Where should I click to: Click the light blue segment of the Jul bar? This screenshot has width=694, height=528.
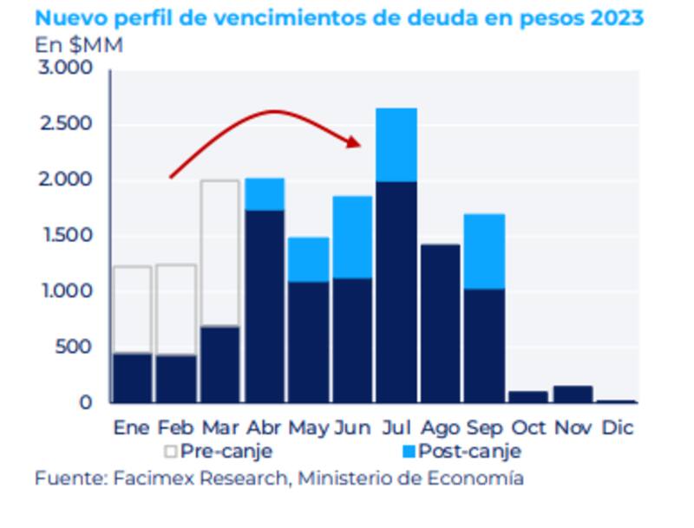coord(396,145)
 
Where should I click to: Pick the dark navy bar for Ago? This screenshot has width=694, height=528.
coord(440,323)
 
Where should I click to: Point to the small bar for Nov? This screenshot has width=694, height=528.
coord(573,394)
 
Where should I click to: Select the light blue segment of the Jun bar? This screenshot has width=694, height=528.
coord(353,237)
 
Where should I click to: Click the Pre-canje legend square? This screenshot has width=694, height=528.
coord(171,452)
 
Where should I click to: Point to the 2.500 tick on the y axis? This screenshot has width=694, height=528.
coord(68,124)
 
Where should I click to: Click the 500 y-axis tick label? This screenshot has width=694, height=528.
coord(76,348)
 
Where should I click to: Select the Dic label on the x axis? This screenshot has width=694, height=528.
coord(617,427)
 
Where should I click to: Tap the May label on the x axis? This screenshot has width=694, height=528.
coord(308,427)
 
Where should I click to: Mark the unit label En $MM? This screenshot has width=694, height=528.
coord(79,45)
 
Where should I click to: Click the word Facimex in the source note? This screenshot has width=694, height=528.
coord(149,478)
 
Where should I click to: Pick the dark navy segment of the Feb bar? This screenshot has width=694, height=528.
coord(176,379)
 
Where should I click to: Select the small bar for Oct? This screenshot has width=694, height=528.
coord(528,397)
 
